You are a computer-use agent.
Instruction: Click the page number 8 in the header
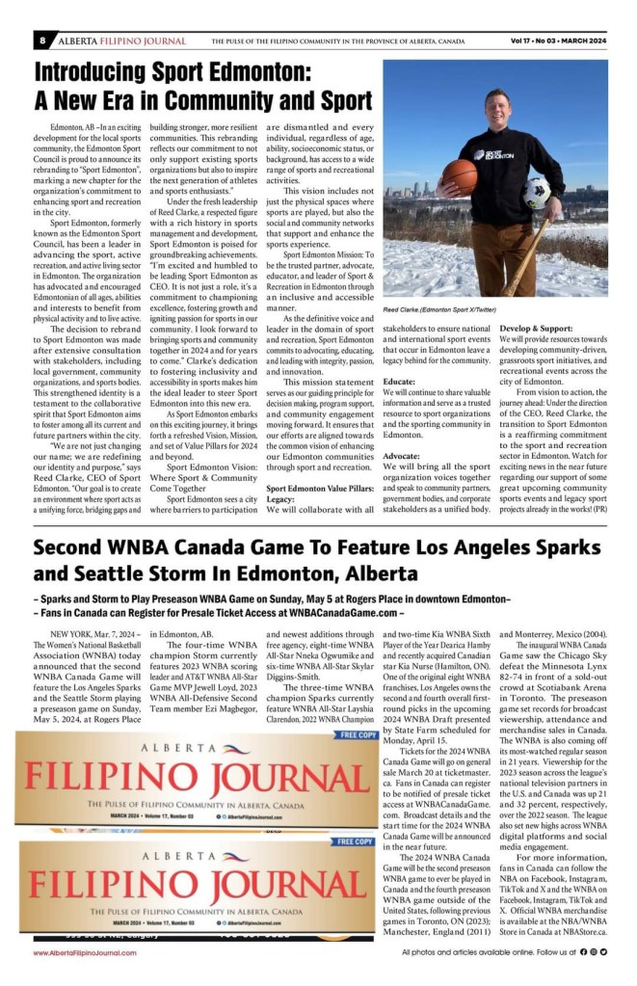44,41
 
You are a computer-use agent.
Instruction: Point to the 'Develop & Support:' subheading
534,328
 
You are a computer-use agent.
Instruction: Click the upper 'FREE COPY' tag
357,734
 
